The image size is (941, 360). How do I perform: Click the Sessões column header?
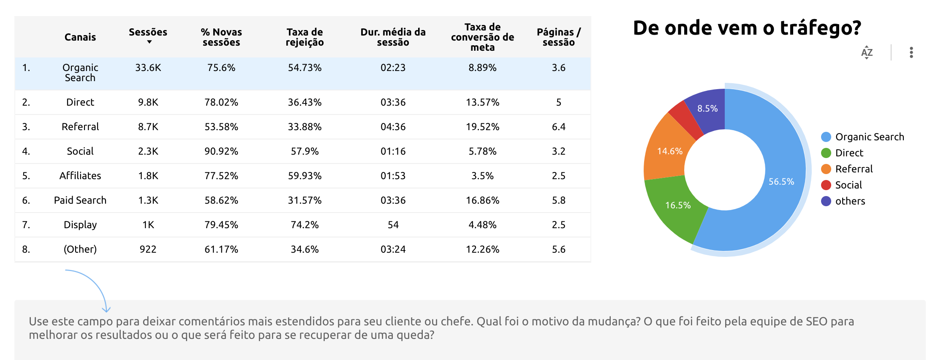click(148, 33)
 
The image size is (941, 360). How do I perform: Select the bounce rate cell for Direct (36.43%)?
click(305, 102)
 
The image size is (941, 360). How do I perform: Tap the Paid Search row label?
click(80, 200)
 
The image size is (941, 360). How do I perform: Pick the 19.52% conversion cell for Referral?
click(482, 127)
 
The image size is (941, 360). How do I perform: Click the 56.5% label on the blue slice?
click(781, 182)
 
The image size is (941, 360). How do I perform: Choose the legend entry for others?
click(850, 201)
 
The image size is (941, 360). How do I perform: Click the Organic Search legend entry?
click(869, 137)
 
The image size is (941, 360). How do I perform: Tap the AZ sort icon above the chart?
click(867, 52)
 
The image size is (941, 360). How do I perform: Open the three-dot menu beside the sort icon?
click(911, 52)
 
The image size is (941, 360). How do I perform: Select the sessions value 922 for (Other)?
click(148, 249)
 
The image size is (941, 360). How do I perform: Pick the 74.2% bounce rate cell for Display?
click(305, 225)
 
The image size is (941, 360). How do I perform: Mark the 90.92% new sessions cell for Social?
click(221, 151)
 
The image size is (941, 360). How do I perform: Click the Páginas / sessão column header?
click(558, 37)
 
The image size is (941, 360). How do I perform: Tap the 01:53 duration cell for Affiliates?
click(393, 176)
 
